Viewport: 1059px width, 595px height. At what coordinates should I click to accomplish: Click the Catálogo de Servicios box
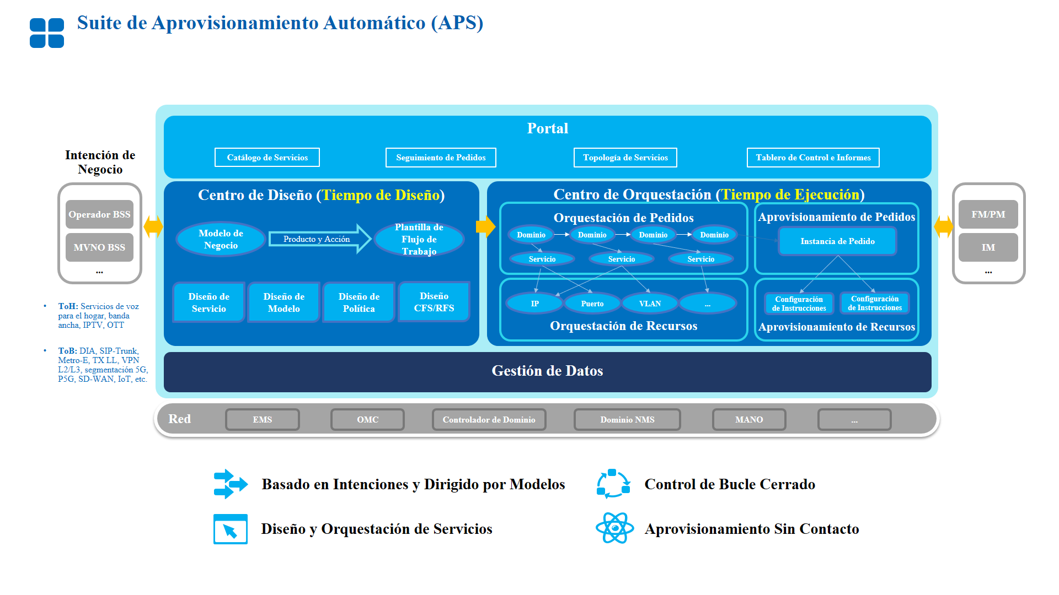pos(267,158)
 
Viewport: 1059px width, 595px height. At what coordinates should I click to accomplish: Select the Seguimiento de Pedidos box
pos(441,158)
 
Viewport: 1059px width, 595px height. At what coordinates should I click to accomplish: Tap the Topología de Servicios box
pos(625,158)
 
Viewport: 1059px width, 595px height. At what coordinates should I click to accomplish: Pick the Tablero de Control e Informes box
pos(813,158)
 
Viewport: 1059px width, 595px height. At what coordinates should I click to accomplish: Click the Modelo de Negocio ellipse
pos(221,240)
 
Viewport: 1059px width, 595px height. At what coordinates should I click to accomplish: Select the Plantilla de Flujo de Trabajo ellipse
pos(419,240)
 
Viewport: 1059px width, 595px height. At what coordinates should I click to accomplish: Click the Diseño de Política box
pos(359,302)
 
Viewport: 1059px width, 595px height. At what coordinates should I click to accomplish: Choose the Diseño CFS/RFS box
pos(434,302)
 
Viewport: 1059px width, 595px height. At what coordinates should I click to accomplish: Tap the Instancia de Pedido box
pos(837,241)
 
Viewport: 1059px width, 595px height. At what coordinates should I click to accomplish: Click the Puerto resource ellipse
pos(592,304)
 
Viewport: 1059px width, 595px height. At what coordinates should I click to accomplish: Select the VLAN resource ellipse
pos(650,304)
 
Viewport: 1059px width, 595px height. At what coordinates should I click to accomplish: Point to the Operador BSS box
pos(99,214)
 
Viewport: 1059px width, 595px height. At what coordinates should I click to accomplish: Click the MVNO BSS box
pos(99,247)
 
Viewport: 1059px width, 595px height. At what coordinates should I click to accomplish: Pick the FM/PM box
pos(988,214)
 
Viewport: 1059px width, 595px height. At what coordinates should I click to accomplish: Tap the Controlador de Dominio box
pos(489,420)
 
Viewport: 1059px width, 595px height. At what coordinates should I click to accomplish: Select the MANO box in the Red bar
pos(749,420)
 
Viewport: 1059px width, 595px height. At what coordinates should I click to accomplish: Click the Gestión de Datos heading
pos(547,371)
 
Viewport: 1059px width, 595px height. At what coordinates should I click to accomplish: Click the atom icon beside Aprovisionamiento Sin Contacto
pos(614,528)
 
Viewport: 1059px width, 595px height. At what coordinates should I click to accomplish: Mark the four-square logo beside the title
pos(47,33)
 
